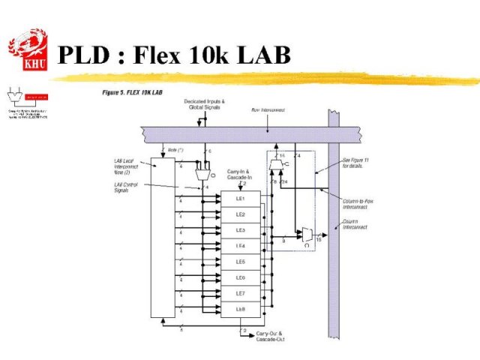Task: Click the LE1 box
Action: click(240, 198)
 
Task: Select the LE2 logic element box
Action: click(240, 214)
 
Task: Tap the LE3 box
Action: click(240, 229)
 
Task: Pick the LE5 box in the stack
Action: click(240, 261)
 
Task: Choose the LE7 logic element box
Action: click(240, 292)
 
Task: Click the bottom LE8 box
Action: click(240, 308)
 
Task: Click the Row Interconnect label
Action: click(268, 109)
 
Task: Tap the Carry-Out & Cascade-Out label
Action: click(271, 336)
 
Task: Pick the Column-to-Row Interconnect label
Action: click(355, 204)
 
